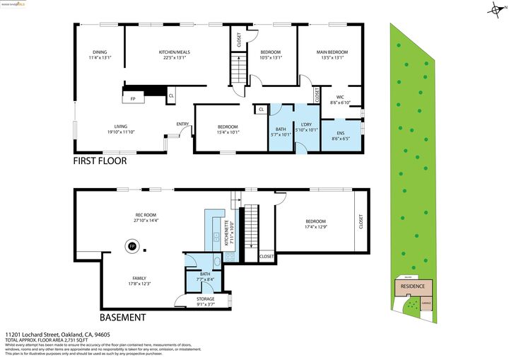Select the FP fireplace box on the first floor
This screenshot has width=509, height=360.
tap(133, 98)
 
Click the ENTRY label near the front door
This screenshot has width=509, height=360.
tap(182, 124)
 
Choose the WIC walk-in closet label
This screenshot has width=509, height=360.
tap(340, 97)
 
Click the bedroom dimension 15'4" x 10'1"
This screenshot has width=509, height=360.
tap(228, 132)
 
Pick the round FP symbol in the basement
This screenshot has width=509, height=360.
tap(131, 247)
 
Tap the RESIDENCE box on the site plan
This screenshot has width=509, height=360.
tap(414, 286)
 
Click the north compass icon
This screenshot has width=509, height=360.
tap(495, 9)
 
